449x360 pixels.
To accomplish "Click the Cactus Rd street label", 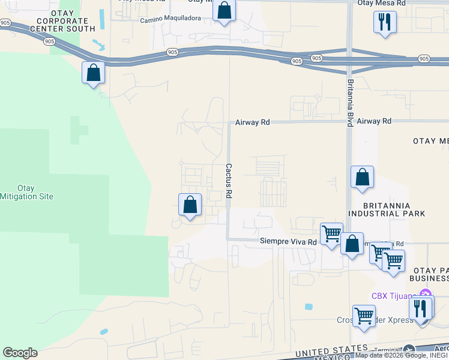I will (x=229, y=182).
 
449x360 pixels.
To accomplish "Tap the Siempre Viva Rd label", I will (x=288, y=242).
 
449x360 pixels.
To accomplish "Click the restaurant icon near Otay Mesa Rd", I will (x=384, y=22).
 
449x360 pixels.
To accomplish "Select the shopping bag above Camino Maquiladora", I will (x=224, y=11).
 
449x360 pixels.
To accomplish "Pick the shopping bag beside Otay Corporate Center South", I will (x=94, y=73).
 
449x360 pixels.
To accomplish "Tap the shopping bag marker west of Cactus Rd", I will (x=190, y=205).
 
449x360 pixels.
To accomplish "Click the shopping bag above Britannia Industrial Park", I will (x=362, y=177).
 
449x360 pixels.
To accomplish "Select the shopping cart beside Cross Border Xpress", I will (x=364, y=316).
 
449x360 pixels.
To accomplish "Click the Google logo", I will (x=20, y=353).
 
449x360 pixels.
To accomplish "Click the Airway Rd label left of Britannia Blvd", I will (x=253, y=122).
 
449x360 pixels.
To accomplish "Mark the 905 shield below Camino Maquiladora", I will (x=172, y=53).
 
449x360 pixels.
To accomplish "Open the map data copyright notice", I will (x=402, y=355).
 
